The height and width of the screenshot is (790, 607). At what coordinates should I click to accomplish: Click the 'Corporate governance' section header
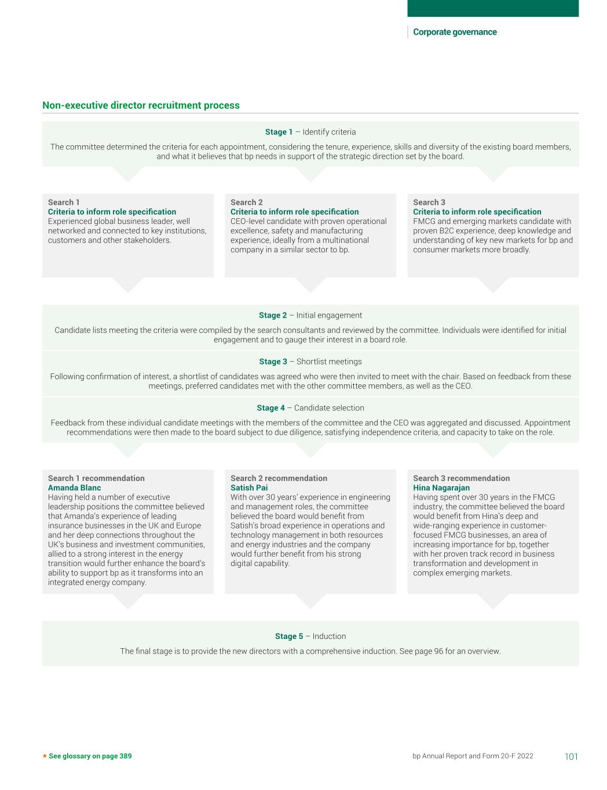tap(455, 32)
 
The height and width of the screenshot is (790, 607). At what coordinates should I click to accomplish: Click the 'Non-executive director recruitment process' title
tap(141, 105)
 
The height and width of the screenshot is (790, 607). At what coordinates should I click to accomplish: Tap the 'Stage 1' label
tap(279, 132)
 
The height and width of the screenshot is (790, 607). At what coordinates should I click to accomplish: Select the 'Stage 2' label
tap(273, 315)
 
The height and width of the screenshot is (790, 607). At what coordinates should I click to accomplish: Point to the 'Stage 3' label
tap(273, 362)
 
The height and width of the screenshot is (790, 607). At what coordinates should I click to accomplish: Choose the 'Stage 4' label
tap(271, 408)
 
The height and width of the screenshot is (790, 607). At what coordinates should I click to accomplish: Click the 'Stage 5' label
tap(289, 636)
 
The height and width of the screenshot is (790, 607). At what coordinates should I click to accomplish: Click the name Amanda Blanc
tap(74, 488)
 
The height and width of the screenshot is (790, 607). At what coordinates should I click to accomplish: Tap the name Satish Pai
tap(249, 488)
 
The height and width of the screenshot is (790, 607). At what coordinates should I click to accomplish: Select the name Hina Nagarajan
tap(441, 488)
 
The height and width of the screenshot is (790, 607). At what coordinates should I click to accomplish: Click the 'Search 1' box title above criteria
tap(64, 202)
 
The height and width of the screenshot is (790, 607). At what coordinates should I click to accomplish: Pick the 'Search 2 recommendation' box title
tap(279, 478)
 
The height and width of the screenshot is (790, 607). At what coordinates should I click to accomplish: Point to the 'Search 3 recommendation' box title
tap(461, 478)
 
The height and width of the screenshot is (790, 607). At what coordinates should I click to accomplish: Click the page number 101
tap(571, 756)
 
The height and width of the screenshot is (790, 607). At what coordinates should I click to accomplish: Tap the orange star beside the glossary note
tap(45, 756)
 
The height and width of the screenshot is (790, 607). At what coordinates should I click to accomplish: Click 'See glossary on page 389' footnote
tap(90, 756)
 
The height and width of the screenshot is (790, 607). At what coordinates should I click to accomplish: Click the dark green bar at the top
tap(493, 8)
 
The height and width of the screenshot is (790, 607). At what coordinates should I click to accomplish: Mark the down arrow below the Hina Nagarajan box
tap(493, 601)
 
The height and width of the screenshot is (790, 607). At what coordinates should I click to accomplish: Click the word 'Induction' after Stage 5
tap(329, 636)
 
